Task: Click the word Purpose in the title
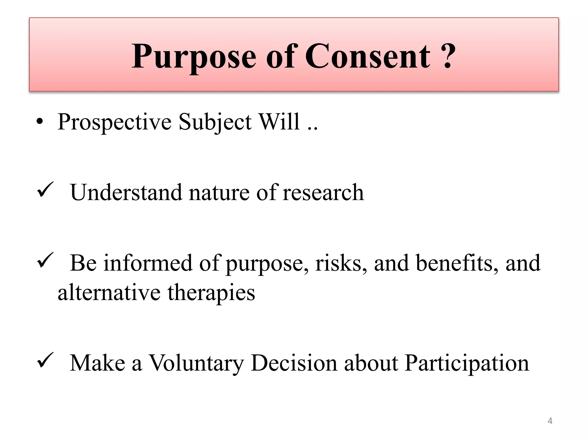coord(194,57)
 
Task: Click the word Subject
coord(215,122)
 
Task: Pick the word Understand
coord(126,192)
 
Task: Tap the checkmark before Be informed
coord(45,260)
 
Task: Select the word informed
coord(148,263)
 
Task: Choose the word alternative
coord(109,293)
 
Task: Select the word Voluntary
coord(196,363)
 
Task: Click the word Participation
coord(467,363)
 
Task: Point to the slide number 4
coord(550,421)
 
